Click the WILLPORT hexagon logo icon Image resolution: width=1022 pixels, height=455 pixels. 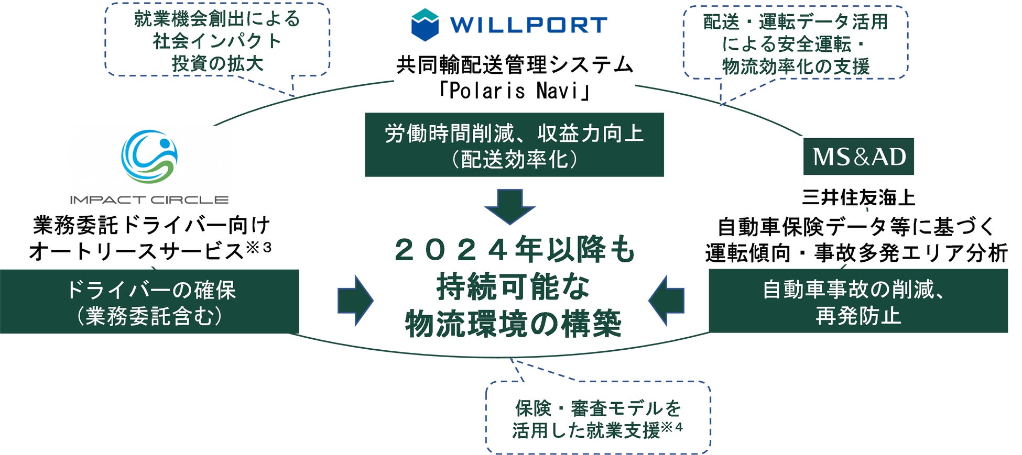pyautogui.click(x=425, y=25)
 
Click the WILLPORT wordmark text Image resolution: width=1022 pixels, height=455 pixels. pyautogui.click(x=528, y=25)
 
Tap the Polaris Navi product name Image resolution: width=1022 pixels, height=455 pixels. pyautogui.click(x=514, y=91)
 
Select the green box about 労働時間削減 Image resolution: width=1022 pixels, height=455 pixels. pyautogui.click(x=514, y=145)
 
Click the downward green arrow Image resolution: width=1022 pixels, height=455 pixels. pyautogui.click(x=509, y=206)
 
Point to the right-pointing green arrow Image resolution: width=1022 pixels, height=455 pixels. pyautogui.click(x=355, y=301)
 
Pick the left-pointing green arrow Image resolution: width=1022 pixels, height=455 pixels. pyautogui.click(x=667, y=301)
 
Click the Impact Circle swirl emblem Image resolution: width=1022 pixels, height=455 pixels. pyautogui.click(x=149, y=157)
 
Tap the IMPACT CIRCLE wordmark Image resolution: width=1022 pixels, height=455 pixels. pyautogui.click(x=149, y=199)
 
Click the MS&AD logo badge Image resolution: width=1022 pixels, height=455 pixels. pyautogui.click(x=858, y=157)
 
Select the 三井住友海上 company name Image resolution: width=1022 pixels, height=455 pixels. pyautogui.click(x=858, y=197)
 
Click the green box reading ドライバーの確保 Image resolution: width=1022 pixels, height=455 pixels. pyautogui.click(x=149, y=302)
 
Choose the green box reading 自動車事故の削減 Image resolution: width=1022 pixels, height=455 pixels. pyautogui.click(x=858, y=301)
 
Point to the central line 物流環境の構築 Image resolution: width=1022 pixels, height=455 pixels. pyautogui.click(x=514, y=324)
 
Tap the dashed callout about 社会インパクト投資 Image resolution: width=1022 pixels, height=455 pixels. pyautogui.click(x=217, y=41)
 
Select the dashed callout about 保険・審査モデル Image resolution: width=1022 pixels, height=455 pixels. pyautogui.click(x=597, y=418)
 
